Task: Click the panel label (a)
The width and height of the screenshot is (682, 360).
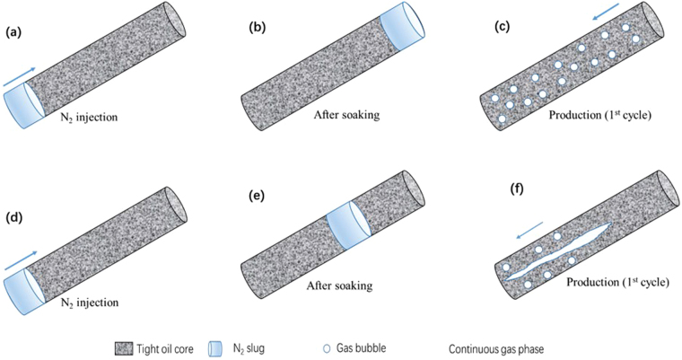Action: [14, 32]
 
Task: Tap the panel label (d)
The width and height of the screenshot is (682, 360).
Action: [15, 217]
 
